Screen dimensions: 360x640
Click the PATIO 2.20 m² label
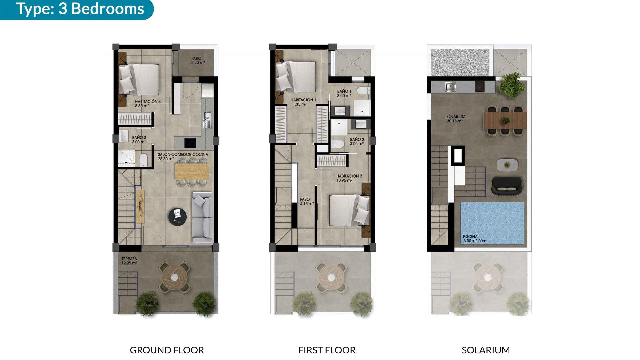198,60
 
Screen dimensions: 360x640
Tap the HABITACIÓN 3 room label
148,104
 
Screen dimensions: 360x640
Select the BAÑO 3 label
139,140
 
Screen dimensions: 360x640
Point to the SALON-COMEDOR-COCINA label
183,157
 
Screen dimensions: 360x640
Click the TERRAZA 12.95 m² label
129,261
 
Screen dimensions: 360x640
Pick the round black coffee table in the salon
177,217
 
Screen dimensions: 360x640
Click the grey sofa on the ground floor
202,217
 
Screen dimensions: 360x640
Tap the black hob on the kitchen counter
190,143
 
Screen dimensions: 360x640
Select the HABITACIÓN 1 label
303,102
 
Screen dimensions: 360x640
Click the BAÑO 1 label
344,93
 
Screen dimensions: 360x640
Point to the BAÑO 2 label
357,142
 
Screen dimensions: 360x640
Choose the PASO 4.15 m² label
306,202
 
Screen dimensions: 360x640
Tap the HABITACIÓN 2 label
349,178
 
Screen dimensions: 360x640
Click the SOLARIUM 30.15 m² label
456,119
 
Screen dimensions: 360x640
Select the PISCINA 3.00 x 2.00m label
474,239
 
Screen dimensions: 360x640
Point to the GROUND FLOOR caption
167,350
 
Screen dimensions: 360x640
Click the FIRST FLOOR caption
327,350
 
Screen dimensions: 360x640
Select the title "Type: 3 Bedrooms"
80,9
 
